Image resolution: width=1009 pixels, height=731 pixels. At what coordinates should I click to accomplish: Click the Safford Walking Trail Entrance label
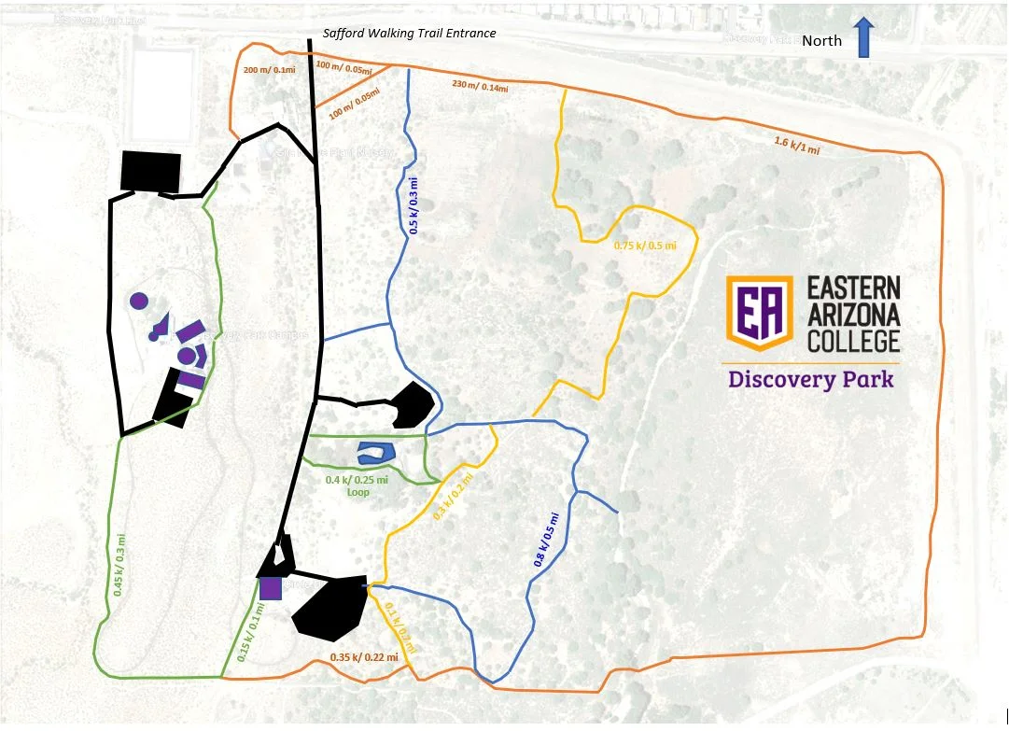[x=409, y=34]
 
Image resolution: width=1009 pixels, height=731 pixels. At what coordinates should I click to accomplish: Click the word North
[x=822, y=40]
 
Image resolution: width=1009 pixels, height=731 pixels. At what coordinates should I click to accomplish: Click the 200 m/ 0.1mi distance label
[x=269, y=70]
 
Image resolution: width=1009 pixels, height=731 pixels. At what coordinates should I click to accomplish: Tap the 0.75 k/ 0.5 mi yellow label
[x=644, y=246]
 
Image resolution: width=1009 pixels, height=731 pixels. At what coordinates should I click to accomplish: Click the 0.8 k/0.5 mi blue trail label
[x=547, y=539]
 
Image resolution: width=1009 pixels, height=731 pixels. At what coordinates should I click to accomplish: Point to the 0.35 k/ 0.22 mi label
[x=364, y=657]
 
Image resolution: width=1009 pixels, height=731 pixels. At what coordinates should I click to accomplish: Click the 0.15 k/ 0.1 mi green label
[x=251, y=632]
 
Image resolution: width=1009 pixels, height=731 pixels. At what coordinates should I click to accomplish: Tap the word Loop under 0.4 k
[x=358, y=491]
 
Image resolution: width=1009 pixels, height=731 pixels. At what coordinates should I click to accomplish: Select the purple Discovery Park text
[x=811, y=380]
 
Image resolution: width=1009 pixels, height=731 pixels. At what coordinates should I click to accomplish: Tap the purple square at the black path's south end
[x=271, y=588]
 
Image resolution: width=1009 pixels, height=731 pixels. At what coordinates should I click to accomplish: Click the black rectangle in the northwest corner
[x=150, y=170]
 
